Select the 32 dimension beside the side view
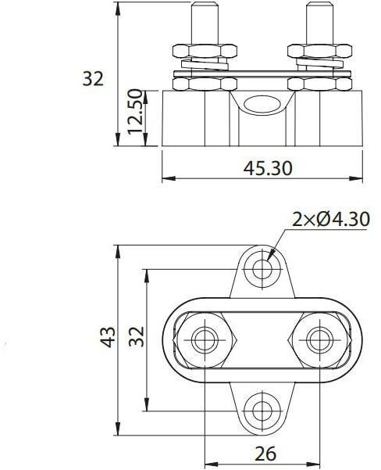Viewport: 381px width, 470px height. tap(93, 78)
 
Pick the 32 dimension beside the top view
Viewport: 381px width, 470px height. tap(136, 338)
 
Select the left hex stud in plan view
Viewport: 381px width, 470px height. tap(205, 339)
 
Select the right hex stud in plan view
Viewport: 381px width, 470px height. tap(317, 339)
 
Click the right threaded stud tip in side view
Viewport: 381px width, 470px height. tap(319, 23)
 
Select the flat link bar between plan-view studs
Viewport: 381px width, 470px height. tap(261, 339)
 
